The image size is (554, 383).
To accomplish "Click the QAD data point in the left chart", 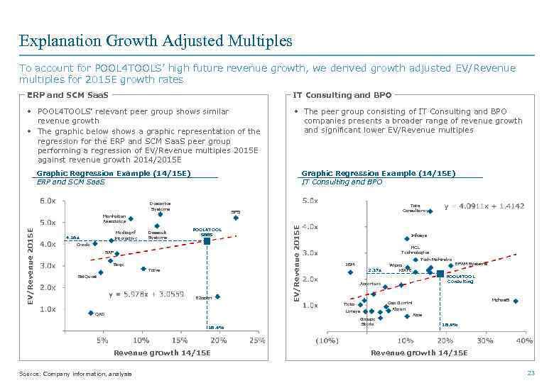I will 90,313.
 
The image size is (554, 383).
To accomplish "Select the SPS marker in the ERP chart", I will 236,218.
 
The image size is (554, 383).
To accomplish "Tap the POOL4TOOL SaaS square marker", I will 207,242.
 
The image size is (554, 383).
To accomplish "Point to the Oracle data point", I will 94,243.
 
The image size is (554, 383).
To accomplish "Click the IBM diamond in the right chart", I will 349,272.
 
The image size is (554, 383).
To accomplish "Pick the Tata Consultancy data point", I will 430,211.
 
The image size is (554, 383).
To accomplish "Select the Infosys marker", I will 407,238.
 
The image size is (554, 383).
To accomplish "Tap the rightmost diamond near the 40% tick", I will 516,301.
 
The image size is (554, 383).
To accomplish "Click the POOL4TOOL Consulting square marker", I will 440,273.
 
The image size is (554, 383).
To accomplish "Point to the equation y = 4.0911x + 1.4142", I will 484,206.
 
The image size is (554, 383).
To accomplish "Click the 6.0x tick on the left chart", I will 47,201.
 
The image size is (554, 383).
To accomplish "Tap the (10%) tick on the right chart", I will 327,340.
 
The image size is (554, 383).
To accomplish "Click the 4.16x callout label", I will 72,238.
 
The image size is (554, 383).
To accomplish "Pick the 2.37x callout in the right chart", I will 374,270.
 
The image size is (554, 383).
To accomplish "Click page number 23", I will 530,373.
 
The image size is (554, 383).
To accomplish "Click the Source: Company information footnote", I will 75,374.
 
